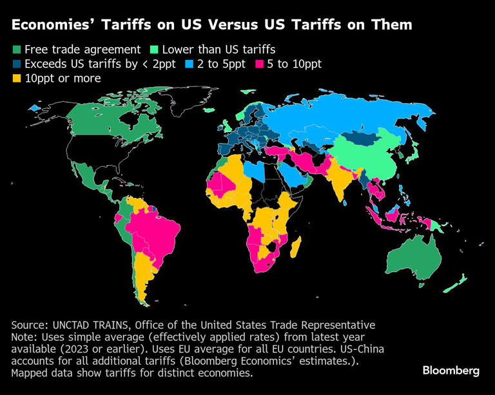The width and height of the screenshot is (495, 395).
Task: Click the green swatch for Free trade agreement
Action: pyautogui.click(x=16, y=50)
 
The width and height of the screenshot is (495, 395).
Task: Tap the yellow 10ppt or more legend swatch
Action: pyautogui.click(x=16, y=79)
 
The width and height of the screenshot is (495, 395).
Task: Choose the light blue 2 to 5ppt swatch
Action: pyautogui.click(x=189, y=64)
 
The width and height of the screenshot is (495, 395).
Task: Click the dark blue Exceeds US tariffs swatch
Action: pyautogui.click(x=16, y=64)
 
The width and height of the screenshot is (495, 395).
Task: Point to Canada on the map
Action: pyautogui.click(x=97, y=119)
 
